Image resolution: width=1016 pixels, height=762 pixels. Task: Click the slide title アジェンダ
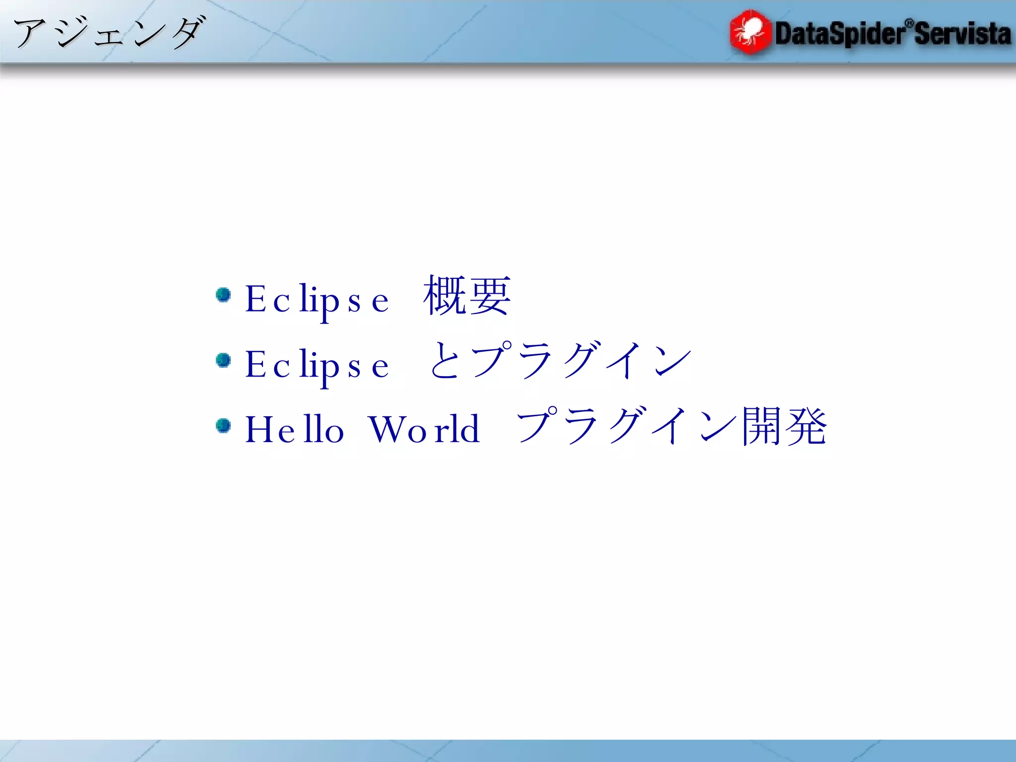pos(108,33)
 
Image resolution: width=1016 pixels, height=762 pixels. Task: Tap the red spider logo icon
pos(750,32)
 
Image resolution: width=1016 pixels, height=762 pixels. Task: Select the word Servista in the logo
pos(962,34)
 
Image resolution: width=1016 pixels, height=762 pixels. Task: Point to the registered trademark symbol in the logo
pos(909,23)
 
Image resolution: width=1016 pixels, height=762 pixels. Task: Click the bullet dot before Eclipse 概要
pos(224,295)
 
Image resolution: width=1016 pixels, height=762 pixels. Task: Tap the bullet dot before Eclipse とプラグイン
pos(224,360)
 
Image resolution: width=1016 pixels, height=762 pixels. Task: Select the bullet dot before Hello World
pos(224,426)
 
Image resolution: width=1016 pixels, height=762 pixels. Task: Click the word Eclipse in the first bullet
pos(317,300)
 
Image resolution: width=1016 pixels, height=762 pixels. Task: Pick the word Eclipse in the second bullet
pos(317,365)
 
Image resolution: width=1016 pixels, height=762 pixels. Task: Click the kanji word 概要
pos(466,296)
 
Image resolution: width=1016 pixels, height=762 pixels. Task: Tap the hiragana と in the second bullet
pos(444,361)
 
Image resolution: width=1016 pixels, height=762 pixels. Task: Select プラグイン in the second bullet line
pos(580,361)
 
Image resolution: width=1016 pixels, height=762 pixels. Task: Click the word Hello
pos(294,429)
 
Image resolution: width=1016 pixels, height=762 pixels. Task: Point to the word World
pos(424,429)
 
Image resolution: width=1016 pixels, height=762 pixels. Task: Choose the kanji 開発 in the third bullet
pos(784,427)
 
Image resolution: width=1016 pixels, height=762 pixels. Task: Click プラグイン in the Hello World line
pos(628,427)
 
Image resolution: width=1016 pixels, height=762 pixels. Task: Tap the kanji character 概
pos(444,296)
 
